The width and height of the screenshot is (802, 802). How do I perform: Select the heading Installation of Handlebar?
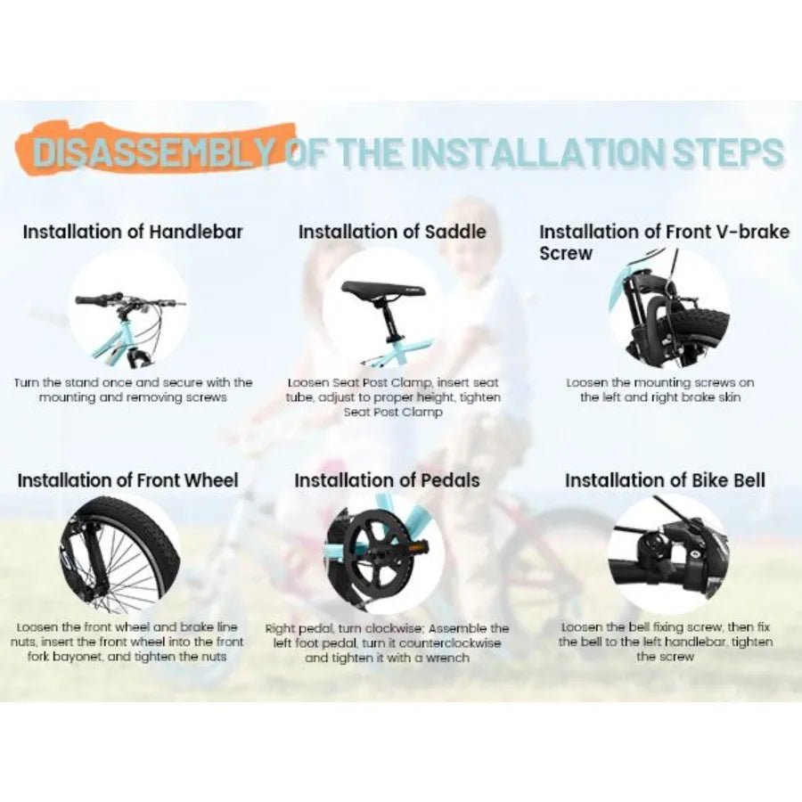click(133, 232)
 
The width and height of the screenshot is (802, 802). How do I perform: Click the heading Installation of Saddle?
click(392, 232)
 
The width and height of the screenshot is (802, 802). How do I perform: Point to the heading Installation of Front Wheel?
click(127, 480)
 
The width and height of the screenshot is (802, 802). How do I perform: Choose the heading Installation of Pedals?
click(388, 480)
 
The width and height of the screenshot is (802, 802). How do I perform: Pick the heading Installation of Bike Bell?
click(666, 480)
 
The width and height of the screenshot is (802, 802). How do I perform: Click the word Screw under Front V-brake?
click(566, 253)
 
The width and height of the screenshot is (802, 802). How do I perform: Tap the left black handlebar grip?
click(93, 299)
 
